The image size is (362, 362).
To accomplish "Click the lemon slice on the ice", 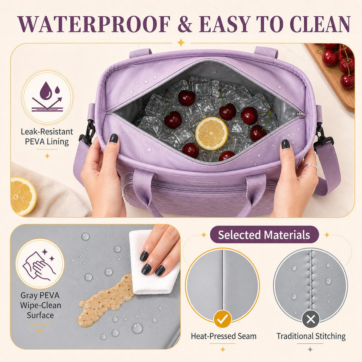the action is tap(212, 133).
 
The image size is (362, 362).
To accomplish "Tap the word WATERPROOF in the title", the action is tap(94, 24).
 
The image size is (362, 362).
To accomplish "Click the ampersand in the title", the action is tap(185, 24).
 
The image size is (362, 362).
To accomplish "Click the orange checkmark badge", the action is tap(223, 319).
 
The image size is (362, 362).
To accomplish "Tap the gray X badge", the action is tap(310, 319).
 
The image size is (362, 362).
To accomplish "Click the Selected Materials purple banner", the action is tap(264, 235).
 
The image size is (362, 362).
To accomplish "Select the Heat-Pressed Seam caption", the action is tap(223, 336).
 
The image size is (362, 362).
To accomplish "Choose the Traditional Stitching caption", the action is tap(311, 336).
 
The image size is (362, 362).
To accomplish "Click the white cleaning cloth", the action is tap(152, 263).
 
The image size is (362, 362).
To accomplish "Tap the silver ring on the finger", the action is tap(310, 166).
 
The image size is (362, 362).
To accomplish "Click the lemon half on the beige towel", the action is tap(23, 196).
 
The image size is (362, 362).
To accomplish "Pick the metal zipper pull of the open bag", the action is tap(301, 114).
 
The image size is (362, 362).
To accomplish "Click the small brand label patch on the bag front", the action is tap(202, 183).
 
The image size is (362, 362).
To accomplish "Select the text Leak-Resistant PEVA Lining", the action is tap(47, 137).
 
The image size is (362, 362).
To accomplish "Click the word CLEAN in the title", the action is tap(320, 24).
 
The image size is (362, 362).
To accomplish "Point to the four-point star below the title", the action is tap(181, 43).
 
